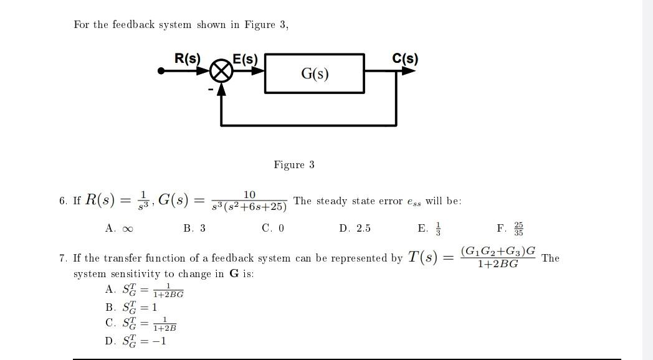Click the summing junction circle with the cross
tap(221, 71)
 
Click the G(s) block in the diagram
tap(315, 73)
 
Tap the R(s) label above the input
tap(188, 59)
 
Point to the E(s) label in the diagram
tap(245, 59)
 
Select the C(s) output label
tap(405, 59)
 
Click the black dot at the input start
tap(161, 71)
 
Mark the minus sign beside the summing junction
tap(211, 90)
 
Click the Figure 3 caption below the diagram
tap(294, 165)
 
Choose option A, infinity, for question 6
tap(119, 229)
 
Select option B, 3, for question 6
tap(194, 229)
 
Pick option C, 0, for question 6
tap(273, 229)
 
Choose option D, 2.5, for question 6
tap(355, 229)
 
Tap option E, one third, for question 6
tap(429, 228)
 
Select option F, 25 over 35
tap(510, 228)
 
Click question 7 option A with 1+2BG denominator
tap(145, 290)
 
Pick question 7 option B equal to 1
tap(131, 307)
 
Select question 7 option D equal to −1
tap(136, 341)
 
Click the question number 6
tap(63, 201)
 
